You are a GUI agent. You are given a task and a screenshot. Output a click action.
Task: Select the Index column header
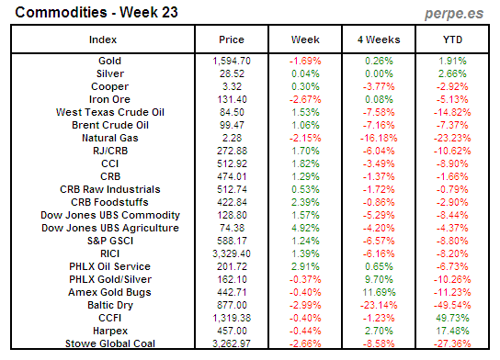(x=103, y=40)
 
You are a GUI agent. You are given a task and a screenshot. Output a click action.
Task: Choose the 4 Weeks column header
(x=377, y=40)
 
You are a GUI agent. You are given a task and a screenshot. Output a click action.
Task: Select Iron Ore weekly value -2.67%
(x=304, y=99)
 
